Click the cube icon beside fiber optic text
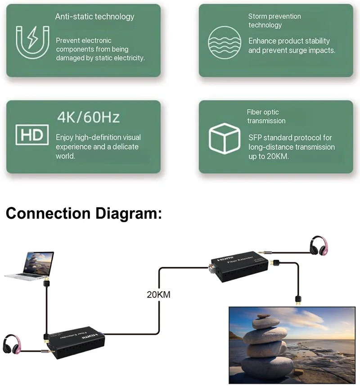tap(225, 137)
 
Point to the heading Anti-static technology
tap(94, 17)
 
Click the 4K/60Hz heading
tap(88, 118)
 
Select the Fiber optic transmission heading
tap(266, 116)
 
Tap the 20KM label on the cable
tap(159, 295)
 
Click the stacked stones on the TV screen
tap(265, 346)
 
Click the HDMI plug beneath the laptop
tap(46, 285)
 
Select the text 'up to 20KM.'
tap(269, 157)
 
